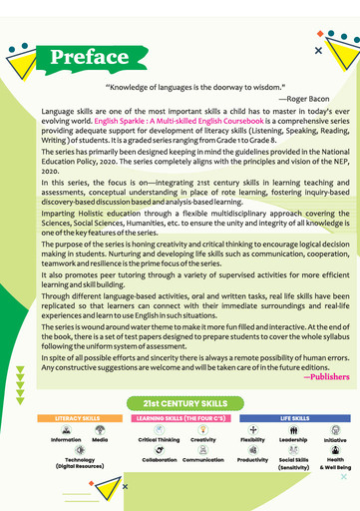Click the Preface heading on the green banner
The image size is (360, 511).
click(89, 57)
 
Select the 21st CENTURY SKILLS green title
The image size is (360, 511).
click(180, 401)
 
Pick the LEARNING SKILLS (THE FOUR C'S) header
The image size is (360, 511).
click(180, 418)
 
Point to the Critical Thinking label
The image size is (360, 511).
click(160, 440)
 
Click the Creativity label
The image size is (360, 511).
click(203, 440)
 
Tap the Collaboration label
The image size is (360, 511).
click(160, 460)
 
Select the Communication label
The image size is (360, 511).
click(203, 460)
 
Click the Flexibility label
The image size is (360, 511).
click(252, 440)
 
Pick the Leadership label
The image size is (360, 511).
click(293, 440)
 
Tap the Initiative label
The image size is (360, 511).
click(335, 440)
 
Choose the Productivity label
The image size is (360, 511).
click(252, 460)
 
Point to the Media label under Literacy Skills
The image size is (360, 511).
click(101, 440)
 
